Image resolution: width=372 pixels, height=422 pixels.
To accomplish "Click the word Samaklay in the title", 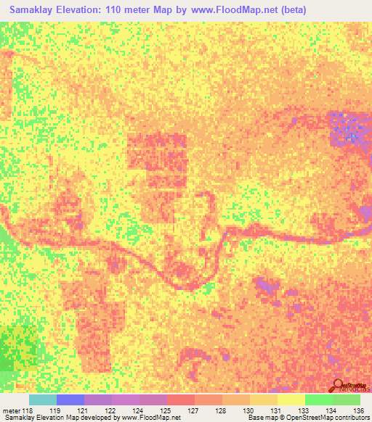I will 32,10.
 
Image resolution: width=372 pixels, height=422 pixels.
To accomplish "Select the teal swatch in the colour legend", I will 42,400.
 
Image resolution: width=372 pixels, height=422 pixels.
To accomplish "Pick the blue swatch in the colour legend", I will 70,400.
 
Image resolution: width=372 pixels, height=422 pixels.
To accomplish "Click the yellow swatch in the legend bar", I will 291,400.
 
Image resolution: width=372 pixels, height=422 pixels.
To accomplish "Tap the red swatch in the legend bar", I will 180,400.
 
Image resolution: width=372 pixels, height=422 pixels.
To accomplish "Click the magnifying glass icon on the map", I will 339,384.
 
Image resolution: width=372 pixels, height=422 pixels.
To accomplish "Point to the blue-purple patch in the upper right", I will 347,128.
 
